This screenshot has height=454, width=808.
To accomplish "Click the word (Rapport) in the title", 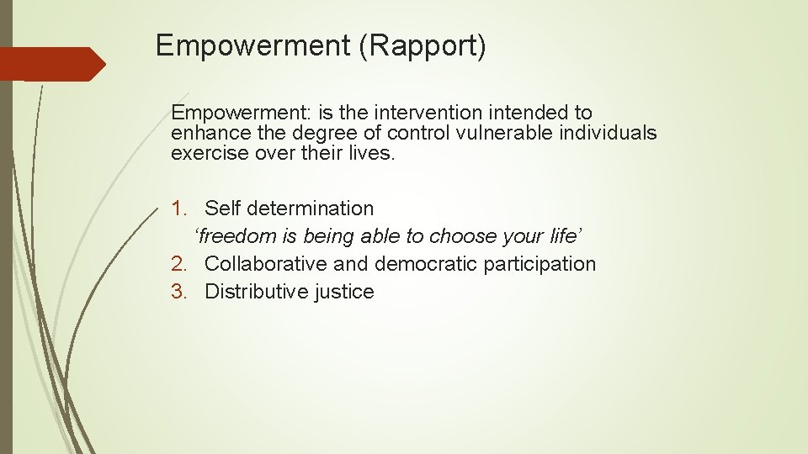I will tap(423, 45).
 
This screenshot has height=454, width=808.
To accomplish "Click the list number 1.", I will tap(178, 208).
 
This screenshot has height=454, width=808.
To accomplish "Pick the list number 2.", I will tap(178, 264).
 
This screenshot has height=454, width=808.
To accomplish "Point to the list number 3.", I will tap(178, 292).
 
